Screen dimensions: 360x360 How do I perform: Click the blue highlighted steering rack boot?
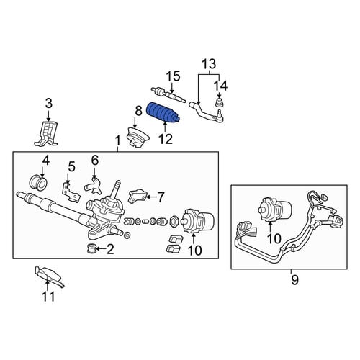(x=163, y=113)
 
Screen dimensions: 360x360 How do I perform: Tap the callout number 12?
(x=166, y=139)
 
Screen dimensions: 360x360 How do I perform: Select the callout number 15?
(x=174, y=76)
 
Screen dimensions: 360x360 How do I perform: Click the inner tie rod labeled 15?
(x=168, y=95)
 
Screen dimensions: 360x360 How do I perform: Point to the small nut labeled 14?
(x=220, y=102)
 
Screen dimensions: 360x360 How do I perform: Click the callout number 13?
(x=209, y=64)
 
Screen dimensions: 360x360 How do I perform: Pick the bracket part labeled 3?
(x=46, y=133)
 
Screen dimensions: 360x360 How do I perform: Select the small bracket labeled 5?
(x=70, y=192)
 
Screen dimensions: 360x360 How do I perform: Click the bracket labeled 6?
(x=94, y=186)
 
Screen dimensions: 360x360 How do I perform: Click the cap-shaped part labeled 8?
(x=138, y=138)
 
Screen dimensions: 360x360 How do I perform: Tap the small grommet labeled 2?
(x=91, y=248)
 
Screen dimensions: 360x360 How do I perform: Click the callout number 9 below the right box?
(x=294, y=280)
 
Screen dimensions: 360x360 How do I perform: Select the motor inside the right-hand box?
(x=276, y=208)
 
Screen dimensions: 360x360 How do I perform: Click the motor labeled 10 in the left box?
(x=197, y=221)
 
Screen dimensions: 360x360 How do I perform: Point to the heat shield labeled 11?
(x=49, y=276)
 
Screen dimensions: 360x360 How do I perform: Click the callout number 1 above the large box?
(x=117, y=141)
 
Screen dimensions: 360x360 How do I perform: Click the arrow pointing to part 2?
(x=101, y=250)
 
